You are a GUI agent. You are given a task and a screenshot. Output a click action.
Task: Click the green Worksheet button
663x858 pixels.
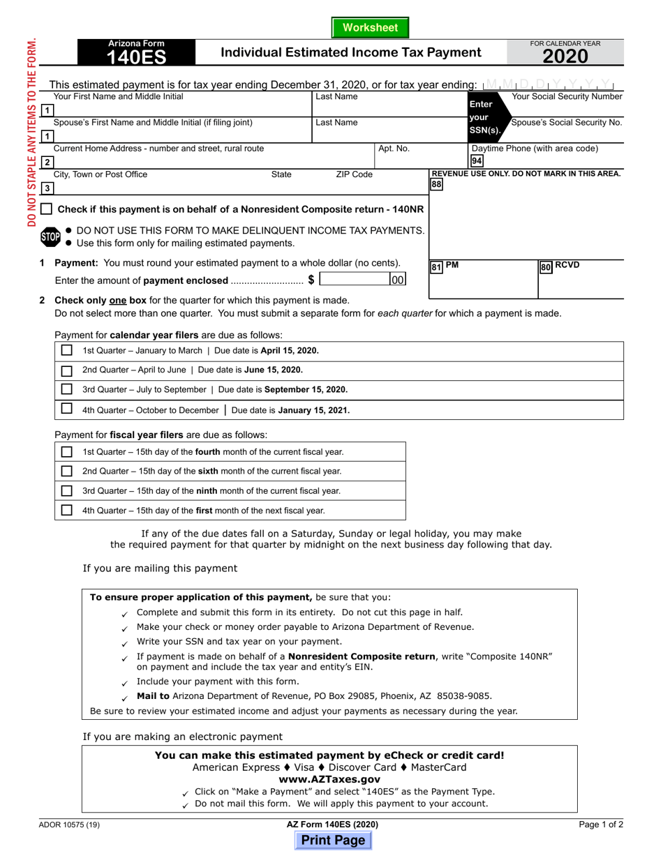370,28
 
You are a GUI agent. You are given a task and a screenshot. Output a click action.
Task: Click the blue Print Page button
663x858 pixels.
333,841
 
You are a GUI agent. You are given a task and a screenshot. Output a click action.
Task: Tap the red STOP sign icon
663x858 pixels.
50,236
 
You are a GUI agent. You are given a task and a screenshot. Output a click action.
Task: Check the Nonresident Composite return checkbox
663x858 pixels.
46,209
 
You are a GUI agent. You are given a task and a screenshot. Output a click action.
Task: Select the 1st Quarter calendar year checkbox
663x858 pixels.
66,351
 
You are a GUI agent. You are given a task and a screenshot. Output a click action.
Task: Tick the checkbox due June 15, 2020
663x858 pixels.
66,370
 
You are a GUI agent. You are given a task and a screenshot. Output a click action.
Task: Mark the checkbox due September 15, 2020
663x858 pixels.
66,389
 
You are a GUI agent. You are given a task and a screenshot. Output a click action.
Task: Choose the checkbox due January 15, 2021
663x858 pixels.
66,409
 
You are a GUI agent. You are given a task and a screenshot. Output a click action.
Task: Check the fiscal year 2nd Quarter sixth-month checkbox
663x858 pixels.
66,472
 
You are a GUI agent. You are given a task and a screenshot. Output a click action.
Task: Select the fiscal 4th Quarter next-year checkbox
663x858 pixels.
66,510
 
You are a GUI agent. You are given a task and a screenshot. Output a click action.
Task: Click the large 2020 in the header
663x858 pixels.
566,57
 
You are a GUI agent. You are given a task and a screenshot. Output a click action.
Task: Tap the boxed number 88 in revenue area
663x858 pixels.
436,184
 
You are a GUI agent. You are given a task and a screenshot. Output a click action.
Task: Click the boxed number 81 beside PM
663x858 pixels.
435,267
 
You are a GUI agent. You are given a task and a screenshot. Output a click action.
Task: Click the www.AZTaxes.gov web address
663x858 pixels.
329,779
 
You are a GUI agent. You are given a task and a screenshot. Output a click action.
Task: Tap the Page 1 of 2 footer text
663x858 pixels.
601,825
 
